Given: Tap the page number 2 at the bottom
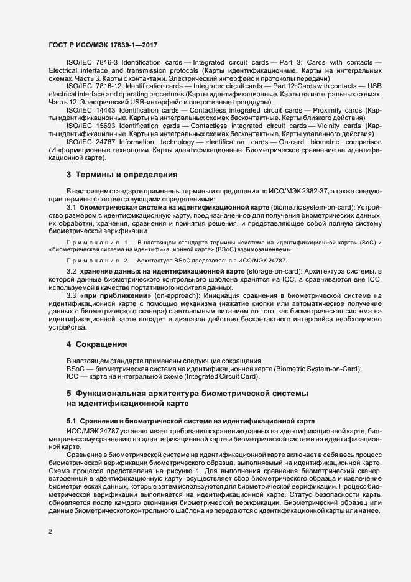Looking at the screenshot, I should click(51, 532).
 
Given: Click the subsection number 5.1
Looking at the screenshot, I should click(72, 421).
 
